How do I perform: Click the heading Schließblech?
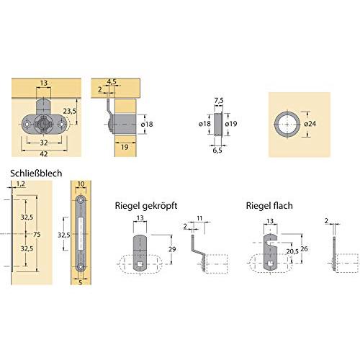coord(36,174)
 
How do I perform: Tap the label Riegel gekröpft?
coord(146,206)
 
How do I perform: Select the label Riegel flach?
coord(269,206)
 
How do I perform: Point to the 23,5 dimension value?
coord(70,111)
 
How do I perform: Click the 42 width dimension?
coord(44,154)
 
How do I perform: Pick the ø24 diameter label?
coord(310,124)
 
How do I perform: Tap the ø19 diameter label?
coord(231,124)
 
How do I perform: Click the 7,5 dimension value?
coord(219,101)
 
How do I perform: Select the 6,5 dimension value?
coord(217,150)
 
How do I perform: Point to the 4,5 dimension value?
coord(112,81)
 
